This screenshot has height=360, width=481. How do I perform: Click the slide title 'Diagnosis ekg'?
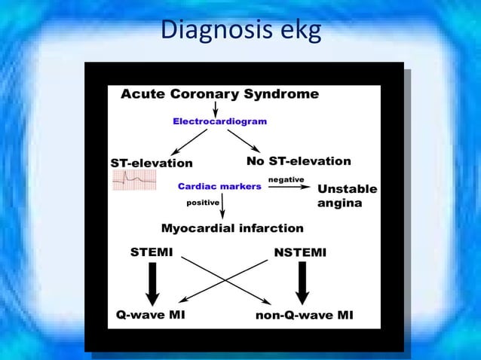click(x=240, y=32)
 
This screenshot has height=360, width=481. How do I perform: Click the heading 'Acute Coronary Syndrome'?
click(x=219, y=94)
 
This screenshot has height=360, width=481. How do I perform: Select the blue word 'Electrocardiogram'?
click(x=219, y=121)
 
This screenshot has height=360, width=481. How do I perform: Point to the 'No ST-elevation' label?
click(x=299, y=161)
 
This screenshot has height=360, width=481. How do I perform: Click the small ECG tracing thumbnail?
click(x=134, y=180)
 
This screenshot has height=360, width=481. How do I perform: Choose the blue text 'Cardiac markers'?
click(x=219, y=186)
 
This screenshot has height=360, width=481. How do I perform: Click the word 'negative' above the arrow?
click(x=286, y=178)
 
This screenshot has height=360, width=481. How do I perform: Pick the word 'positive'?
click(x=203, y=203)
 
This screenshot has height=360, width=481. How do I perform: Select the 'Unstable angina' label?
click(x=347, y=196)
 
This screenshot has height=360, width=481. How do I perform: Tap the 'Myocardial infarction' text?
click(x=232, y=227)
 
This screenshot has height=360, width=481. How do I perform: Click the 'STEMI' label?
click(x=152, y=252)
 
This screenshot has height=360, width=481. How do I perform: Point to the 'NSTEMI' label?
click(x=300, y=252)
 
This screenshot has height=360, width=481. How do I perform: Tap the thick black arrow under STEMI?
click(x=152, y=284)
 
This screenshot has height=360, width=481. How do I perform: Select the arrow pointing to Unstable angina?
click(x=288, y=188)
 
